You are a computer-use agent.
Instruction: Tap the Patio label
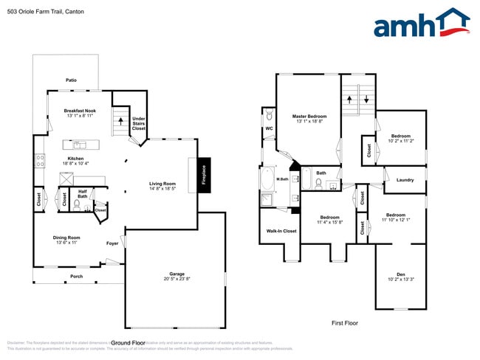pyautogui.click(x=71, y=80)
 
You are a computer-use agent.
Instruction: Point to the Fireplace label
pyautogui.click(x=205, y=176)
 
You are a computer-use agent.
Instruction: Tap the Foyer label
pyautogui.click(x=112, y=243)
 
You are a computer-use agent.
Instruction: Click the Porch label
pyautogui.click(x=77, y=277)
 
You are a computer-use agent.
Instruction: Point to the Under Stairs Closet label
pyautogui.click(x=138, y=123)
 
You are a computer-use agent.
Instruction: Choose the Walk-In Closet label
pyautogui.click(x=281, y=231)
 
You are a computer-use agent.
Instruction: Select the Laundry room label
pyautogui.click(x=405, y=179)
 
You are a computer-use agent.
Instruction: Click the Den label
pyautogui.click(x=401, y=276)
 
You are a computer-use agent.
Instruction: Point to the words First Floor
pyautogui.click(x=345, y=323)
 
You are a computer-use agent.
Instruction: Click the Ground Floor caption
pyautogui.click(x=127, y=342)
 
